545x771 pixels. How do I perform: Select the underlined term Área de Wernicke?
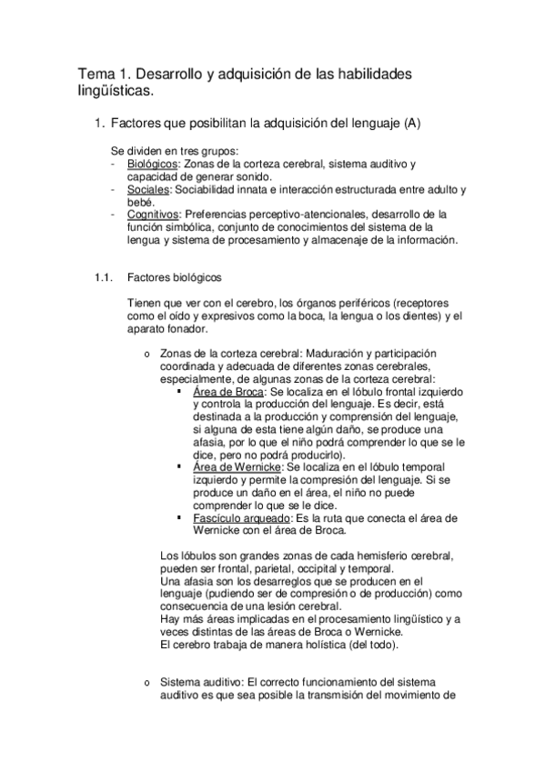[x=232, y=466]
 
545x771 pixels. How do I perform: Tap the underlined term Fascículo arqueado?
[x=237, y=517]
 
